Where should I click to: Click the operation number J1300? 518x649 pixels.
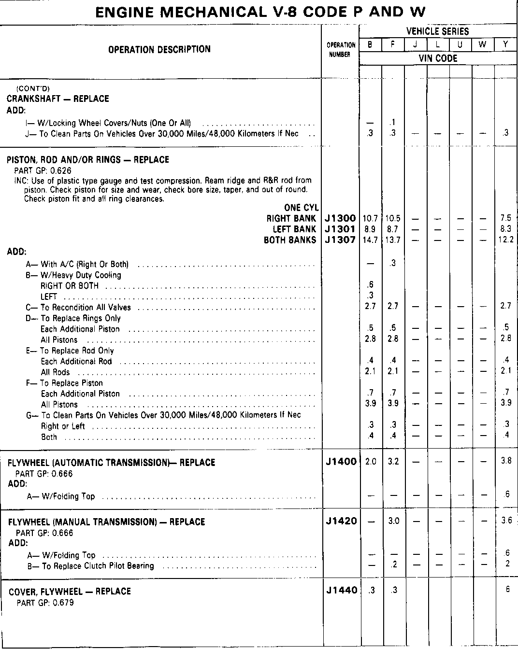[x=341, y=218]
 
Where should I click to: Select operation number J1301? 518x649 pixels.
[x=341, y=229]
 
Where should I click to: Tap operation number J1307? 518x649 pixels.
[x=341, y=240]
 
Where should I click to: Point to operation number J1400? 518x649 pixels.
[x=341, y=462]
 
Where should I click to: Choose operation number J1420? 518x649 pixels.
[x=341, y=521]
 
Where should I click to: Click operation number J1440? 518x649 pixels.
[x=341, y=590]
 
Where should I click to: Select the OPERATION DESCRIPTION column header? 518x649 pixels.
[x=159, y=49]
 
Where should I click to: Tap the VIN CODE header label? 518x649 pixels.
[x=438, y=58]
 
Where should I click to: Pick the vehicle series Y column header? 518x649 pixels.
[x=505, y=45]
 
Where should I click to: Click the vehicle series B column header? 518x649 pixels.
[x=370, y=45]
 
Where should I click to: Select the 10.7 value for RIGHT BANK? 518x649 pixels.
[x=370, y=218]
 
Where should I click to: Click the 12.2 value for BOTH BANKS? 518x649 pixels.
[x=505, y=240]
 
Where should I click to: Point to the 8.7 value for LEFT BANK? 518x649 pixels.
[x=393, y=229]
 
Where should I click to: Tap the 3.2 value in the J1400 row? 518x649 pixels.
[x=393, y=462]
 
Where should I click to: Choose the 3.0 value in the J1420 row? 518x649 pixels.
[x=393, y=521]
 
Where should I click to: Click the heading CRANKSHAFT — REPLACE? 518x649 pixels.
[x=58, y=99]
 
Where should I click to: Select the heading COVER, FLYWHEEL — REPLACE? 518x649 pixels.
[x=70, y=592]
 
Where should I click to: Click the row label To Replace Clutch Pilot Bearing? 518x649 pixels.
[x=98, y=566]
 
